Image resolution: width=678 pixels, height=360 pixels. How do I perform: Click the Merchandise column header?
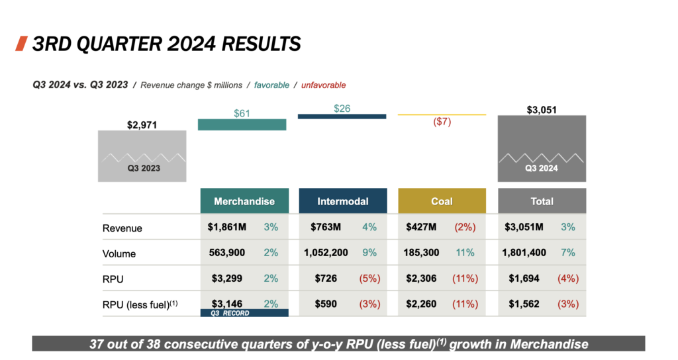coord(244,201)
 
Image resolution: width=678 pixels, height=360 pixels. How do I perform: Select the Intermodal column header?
coord(343,201)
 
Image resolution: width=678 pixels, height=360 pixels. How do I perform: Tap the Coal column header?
coord(442,201)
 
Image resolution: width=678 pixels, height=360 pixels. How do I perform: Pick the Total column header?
coord(542,201)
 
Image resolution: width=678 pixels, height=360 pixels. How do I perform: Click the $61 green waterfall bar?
coord(242,124)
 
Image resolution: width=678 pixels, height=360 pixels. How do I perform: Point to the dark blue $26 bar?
coord(342,116)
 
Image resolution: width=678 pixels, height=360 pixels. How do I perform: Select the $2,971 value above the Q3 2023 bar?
coord(142,124)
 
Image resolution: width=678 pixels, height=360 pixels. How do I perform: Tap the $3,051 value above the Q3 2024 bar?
coord(542,109)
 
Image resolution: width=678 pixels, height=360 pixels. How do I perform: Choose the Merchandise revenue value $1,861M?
coord(226,228)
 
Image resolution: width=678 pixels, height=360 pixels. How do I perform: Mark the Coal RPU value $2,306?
coord(421,279)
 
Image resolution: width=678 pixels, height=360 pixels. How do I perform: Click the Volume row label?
coord(119,253)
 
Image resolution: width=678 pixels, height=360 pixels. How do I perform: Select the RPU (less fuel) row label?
coord(139,304)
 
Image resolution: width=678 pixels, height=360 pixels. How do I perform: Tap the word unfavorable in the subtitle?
coord(323,85)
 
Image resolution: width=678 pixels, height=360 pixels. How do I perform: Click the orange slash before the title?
coord(21,44)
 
